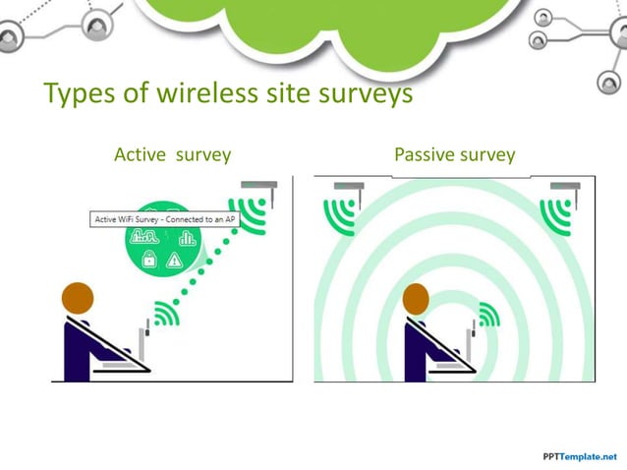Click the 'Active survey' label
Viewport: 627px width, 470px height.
pos(172,154)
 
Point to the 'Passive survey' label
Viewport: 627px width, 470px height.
pos(454,154)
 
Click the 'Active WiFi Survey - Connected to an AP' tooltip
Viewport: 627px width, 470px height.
pos(164,219)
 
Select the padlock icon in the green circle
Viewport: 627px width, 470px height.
pos(149,260)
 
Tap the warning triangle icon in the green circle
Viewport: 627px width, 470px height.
pos(175,261)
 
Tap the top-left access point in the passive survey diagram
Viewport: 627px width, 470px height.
pos(348,186)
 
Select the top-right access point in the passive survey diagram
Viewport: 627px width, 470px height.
pos(564,186)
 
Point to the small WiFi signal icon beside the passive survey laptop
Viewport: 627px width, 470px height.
pos(488,314)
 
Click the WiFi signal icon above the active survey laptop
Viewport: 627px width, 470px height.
pos(166,314)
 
